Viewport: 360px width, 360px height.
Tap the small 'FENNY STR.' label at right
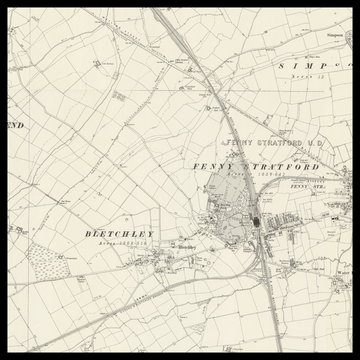coord(307,186)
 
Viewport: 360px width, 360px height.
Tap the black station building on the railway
coord(256,220)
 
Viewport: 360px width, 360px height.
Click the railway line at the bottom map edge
coord(277,345)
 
